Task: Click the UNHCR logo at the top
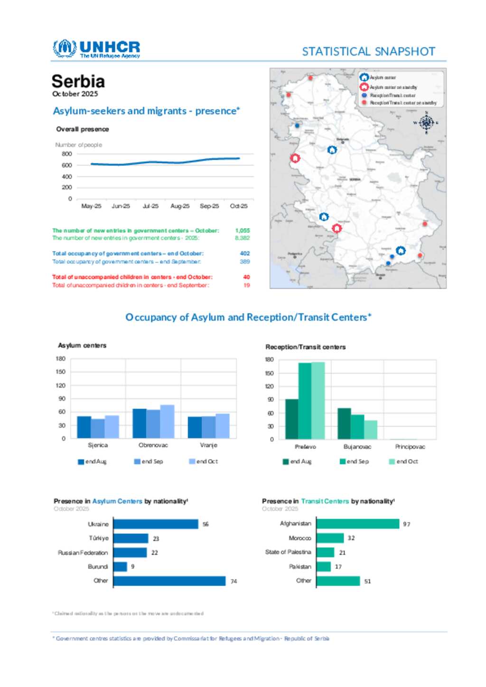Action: click(x=96, y=48)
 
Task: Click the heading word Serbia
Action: click(x=78, y=81)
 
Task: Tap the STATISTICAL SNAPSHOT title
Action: click(x=368, y=51)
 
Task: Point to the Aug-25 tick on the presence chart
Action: click(x=180, y=206)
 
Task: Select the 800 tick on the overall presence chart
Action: click(x=67, y=154)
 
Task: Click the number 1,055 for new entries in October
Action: click(x=242, y=230)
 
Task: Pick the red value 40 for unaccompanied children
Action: click(x=246, y=277)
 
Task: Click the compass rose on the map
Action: click(x=426, y=123)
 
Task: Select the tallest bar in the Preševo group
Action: click(x=318, y=400)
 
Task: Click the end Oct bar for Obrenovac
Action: click(x=167, y=421)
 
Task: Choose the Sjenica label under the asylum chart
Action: click(x=98, y=445)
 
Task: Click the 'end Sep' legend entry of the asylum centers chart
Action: click(x=149, y=461)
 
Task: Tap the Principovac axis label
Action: click(x=410, y=447)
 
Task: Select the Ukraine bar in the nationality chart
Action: click(x=156, y=524)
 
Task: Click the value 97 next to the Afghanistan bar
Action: click(x=406, y=524)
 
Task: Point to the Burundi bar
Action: click(x=120, y=567)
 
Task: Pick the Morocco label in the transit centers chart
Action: click(x=300, y=538)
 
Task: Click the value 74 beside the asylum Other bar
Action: click(x=234, y=581)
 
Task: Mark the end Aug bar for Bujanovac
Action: click(x=344, y=423)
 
